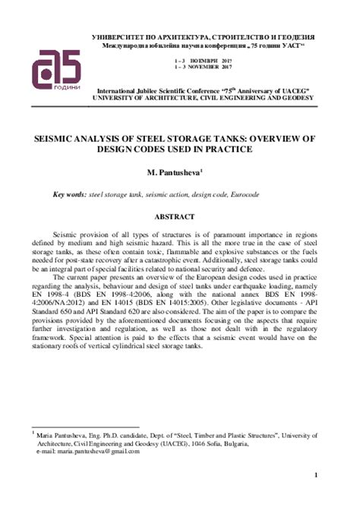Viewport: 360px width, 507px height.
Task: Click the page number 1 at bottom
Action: pos(315,476)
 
